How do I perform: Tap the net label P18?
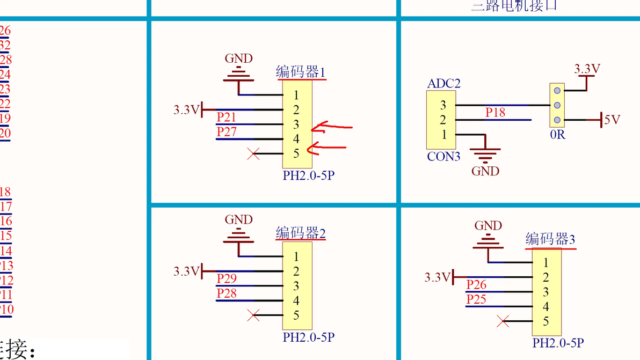pos(495,113)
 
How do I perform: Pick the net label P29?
pos(227,278)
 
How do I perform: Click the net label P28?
pos(227,293)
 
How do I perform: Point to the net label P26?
pos(476,284)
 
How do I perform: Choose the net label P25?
pos(476,299)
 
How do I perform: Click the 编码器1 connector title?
pos(301,72)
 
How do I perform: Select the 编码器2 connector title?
pos(301,233)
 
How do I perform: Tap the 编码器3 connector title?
pos(550,239)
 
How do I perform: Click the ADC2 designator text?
pos(443,84)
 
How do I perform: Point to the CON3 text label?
pos(443,157)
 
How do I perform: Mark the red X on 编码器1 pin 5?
pos(253,154)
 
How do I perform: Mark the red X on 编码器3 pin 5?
pos(503,321)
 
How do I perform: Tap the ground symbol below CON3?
pos(485,156)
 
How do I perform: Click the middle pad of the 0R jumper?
pos(557,105)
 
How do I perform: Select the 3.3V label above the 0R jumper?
pos(587,69)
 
